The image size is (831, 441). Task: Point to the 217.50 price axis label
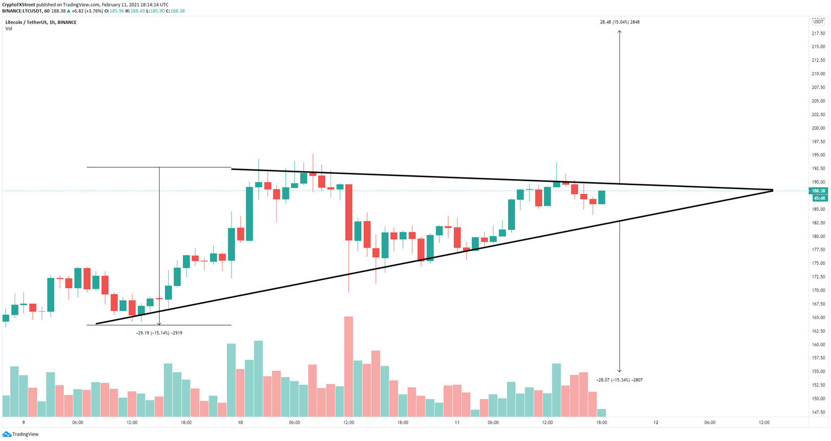(818, 33)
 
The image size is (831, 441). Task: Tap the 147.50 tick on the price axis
(818, 412)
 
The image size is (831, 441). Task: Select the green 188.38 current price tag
(819, 191)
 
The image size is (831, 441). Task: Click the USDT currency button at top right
(817, 22)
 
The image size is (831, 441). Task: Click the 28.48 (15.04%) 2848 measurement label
(619, 22)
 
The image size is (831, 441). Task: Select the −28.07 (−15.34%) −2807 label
(619, 380)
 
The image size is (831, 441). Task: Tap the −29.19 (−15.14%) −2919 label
(159, 333)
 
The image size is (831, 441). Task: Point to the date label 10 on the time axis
(240, 423)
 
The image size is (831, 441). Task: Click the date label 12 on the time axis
(656, 423)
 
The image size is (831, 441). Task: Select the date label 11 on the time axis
(457, 423)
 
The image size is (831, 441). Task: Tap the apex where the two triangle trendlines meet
(773, 190)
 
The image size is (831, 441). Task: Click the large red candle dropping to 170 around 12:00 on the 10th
(348, 212)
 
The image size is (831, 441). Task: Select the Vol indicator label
(9, 29)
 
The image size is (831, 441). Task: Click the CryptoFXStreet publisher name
(19, 4)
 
